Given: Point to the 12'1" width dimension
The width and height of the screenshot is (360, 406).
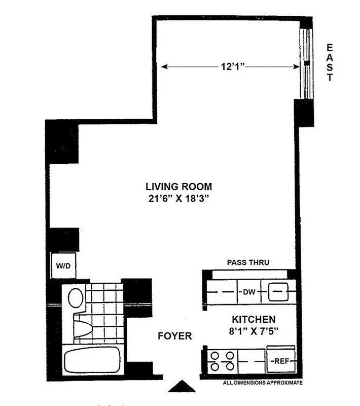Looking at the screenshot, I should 229,67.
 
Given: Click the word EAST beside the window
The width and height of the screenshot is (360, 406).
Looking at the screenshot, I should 330,62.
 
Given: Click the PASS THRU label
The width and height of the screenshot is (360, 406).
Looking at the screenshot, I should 248,262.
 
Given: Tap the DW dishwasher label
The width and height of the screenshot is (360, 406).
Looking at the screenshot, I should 248,292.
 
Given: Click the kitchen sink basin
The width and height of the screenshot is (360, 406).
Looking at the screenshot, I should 278,292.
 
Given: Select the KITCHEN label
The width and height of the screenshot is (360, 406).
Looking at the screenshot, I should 254,320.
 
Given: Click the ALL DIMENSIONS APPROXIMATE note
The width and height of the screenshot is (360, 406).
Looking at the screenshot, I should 263,383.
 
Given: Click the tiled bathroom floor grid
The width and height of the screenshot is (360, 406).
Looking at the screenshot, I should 104,302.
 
